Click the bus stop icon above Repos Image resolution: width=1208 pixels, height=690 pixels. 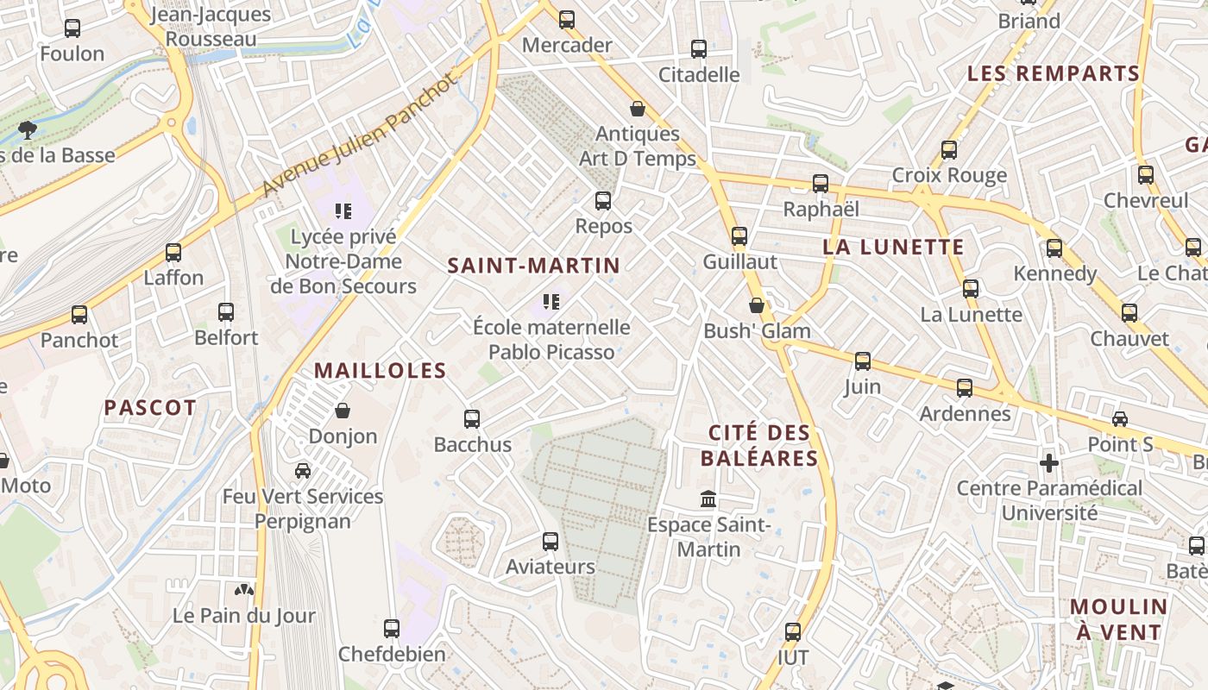603,201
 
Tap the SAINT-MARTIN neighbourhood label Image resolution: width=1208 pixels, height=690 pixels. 534,266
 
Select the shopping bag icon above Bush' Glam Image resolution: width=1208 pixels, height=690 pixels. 757,305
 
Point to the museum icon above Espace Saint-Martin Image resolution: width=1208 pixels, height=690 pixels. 708,499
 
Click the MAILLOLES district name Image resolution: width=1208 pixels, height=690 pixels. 380,372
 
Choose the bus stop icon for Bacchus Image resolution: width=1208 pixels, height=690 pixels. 472,419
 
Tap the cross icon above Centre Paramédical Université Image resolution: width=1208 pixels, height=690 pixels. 1049,463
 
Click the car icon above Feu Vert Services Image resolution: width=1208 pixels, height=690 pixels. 303,470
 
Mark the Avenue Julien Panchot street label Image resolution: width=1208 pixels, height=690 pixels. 357,135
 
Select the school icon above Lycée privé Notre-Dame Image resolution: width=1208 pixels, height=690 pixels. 343,210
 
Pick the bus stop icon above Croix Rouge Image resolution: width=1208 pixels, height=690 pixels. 949,150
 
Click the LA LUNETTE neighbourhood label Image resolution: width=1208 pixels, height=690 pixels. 893,248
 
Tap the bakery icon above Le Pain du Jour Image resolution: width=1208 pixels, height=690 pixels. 245,591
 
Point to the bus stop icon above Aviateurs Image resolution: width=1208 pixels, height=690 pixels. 551,542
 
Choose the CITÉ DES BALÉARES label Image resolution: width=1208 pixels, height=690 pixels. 759,445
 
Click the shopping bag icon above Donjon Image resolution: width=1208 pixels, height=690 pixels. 343,410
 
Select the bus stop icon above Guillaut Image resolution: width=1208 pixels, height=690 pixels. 739,235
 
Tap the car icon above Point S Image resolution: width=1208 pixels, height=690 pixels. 1120,419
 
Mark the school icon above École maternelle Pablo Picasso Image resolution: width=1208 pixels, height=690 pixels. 551,302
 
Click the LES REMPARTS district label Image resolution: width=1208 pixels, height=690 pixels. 1054,74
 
